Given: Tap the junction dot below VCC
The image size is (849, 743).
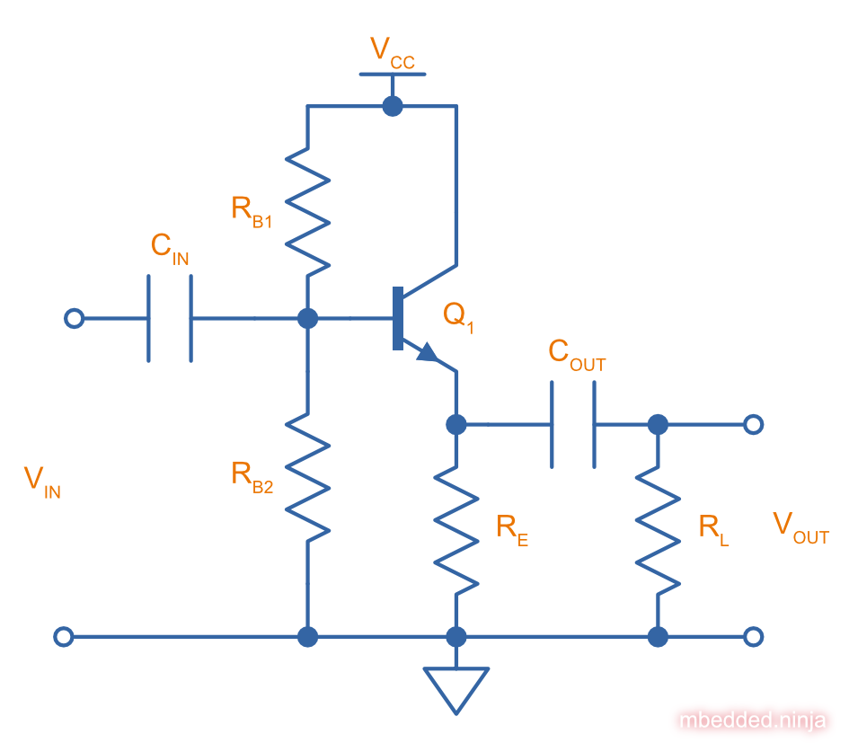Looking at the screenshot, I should point(392,106).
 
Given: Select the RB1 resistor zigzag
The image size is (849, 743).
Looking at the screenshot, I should point(307,211).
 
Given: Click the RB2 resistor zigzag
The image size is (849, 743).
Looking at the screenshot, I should point(307,477).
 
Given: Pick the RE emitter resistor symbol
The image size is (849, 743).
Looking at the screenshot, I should point(456,530).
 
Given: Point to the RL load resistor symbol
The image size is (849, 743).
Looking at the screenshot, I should point(658,530).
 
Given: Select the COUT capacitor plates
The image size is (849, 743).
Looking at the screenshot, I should point(572,424).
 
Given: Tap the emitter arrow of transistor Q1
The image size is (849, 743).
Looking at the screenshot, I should point(429,353).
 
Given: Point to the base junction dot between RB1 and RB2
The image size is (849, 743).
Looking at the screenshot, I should point(307,318).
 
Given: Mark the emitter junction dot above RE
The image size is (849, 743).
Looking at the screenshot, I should point(456,424).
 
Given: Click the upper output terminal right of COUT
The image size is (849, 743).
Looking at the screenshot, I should point(754,424).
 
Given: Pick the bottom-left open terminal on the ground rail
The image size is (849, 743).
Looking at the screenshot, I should point(63,637).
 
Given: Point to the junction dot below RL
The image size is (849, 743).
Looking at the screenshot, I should point(658,637).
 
